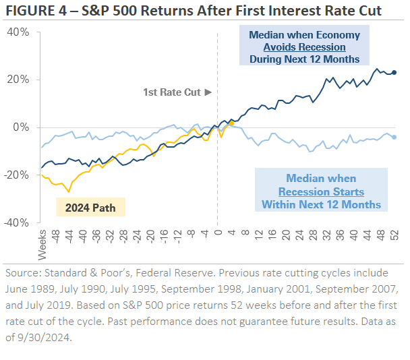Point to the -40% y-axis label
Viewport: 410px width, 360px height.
pyautogui.click(x=17, y=222)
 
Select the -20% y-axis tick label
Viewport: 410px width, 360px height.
pyautogui.click(x=17, y=175)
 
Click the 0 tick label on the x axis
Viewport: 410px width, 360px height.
pyautogui.click(x=218, y=233)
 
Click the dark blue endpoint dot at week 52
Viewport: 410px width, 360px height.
pyautogui.click(x=394, y=72)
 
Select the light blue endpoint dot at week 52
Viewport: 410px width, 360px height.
pyautogui.click(x=394, y=137)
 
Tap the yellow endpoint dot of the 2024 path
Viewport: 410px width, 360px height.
pyautogui.click(x=231, y=123)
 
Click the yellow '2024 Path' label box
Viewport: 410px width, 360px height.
pyautogui.click(x=90, y=208)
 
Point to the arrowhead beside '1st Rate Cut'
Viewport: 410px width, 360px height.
pyautogui.click(x=208, y=92)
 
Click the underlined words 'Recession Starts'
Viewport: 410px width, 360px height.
pyautogui.click(x=321, y=191)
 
